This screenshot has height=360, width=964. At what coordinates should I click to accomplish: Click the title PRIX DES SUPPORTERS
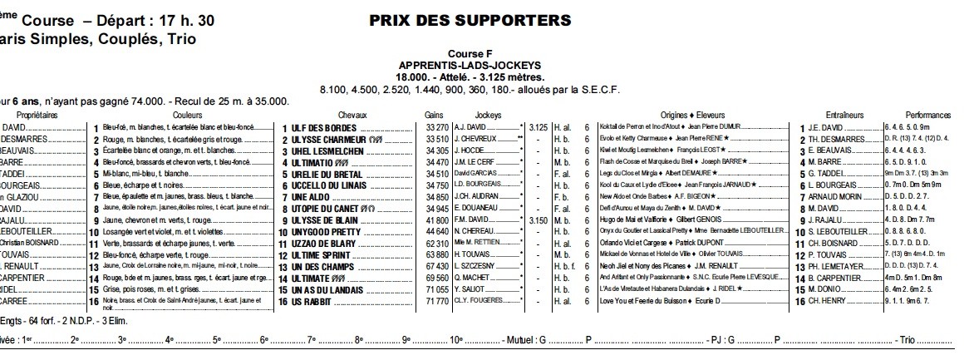pos(470,19)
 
